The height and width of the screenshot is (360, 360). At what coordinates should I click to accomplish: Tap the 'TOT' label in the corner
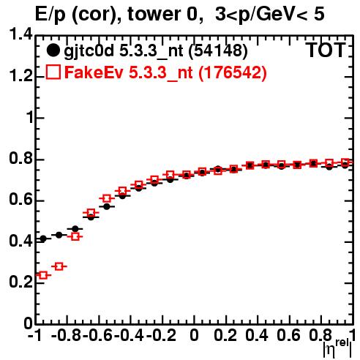326,50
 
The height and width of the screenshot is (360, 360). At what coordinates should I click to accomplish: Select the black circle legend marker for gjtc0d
53,50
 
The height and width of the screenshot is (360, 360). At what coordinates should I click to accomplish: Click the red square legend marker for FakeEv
53,72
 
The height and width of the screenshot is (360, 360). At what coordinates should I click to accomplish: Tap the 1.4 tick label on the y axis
20,34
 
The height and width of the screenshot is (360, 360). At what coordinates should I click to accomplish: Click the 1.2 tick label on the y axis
20,76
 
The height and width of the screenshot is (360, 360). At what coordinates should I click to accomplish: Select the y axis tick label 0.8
20,159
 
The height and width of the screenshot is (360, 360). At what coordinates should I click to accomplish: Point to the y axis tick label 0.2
20,282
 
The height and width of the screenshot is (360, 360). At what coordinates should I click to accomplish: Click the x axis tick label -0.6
97,335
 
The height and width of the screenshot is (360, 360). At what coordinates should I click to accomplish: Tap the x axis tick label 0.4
257,335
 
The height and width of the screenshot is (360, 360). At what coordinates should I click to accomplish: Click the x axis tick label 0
194,335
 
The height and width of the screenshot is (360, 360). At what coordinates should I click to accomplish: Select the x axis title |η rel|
337,349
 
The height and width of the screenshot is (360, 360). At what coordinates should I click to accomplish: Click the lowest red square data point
43,275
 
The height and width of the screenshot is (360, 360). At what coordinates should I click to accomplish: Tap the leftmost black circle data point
43,239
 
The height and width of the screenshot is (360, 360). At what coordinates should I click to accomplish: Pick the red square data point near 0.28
59,266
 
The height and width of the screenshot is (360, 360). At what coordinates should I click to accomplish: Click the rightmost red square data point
345,162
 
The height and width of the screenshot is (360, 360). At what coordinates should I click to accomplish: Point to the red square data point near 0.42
75,236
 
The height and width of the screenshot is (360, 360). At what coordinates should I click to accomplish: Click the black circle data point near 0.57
107,206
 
